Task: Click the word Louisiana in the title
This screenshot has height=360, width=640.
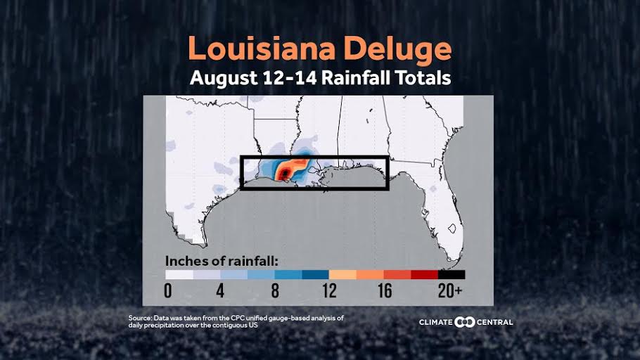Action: (x=255, y=50)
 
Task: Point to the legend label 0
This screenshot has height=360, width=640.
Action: (x=168, y=290)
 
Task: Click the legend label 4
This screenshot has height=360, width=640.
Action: (x=220, y=290)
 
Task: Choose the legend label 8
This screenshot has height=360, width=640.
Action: (x=274, y=290)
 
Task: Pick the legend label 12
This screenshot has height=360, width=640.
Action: (x=328, y=290)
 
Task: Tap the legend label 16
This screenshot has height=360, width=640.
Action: (x=383, y=290)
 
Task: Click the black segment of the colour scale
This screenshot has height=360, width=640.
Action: (x=451, y=275)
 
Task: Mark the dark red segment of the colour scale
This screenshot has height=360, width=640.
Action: (x=424, y=275)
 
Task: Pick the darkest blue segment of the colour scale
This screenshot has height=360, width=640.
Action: (x=315, y=275)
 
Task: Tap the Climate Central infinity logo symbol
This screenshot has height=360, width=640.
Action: (x=466, y=322)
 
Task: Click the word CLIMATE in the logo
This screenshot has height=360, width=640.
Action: (x=436, y=322)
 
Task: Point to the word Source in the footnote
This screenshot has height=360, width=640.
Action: (x=140, y=319)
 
